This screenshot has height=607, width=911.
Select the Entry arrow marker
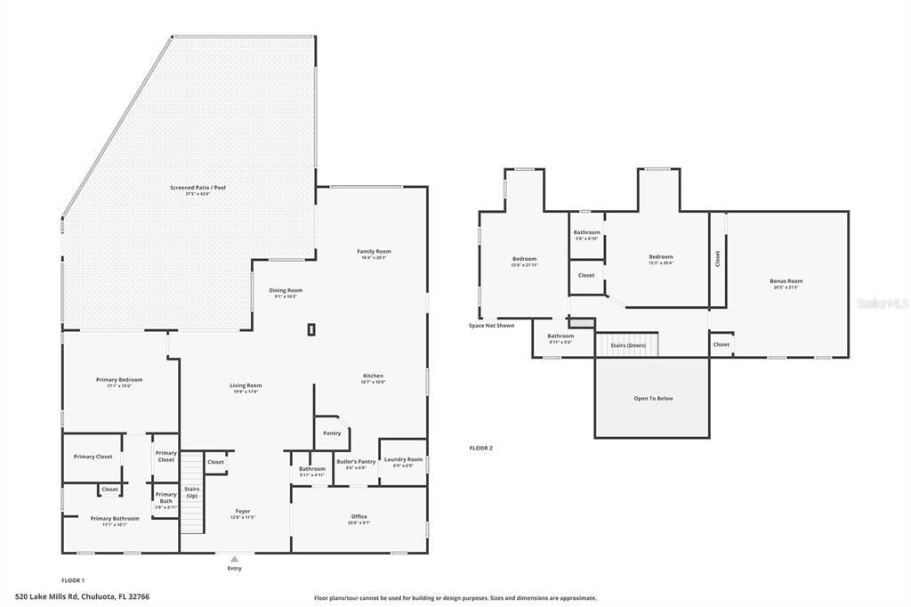tap(234, 560)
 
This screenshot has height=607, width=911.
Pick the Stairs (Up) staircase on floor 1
tap(192, 493)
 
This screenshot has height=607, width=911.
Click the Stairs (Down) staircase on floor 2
tap(626, 344)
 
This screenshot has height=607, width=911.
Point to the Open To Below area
tap(652, 398)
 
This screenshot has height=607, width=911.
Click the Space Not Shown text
tap(491, 326)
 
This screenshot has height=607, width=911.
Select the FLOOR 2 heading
tap(480, 448)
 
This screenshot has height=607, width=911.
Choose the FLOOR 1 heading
tap(73, 579)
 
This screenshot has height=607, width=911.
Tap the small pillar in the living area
tap(310, 330)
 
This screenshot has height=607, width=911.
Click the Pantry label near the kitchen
tap(332, 433)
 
